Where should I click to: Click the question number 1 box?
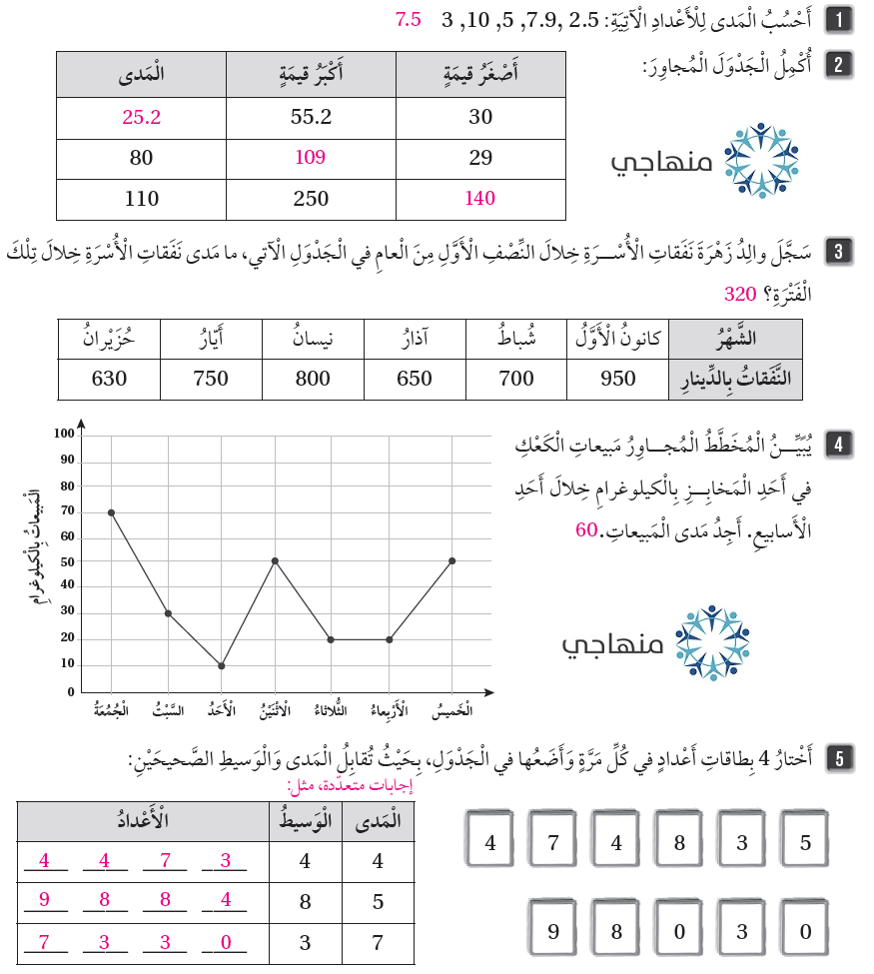tap(844, 19)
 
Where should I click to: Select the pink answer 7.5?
tap(409, 19)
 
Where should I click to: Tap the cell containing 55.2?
tap(312, 117)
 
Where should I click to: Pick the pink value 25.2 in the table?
tap(142, 117)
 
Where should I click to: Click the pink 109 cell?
tap(312, 157)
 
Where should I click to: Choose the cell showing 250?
tap(312, 198)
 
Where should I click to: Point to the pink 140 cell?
tap(480, 198)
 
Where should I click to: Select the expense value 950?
tap(618, 379)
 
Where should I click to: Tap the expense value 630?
tap(110, 379)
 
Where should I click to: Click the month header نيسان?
tap(313, 339)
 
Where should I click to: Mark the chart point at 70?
tap(111, 512)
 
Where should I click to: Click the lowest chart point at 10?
tap(222, 665)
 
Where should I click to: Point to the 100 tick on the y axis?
tap(65, 435)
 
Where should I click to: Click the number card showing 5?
tap(805, 842)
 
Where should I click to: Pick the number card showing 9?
tap(552, 932)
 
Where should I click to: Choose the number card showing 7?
tap(552, 842)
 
